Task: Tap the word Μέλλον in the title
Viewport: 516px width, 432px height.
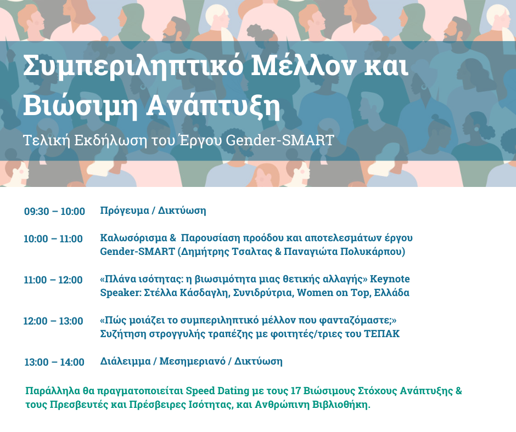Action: click(x=303, y=65)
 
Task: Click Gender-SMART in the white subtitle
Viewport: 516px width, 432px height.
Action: click(x=280, y=140)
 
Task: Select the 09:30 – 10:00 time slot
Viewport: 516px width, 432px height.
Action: click(x=55, y=211)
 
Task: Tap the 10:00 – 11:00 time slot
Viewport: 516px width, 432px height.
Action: click(x=53, y=238)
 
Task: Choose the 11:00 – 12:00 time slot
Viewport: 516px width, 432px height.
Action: click(x=53, y=280)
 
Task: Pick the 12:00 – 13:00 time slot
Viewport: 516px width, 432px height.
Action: click(x=53, y=321)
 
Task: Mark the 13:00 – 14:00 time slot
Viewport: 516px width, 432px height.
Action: click(x=54, y=362)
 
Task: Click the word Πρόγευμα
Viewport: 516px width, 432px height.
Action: click(x=125, y=211)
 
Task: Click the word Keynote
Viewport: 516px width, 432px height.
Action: click(x=390, y=280)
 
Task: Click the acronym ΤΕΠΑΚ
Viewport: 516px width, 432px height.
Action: click(x=382, y=334)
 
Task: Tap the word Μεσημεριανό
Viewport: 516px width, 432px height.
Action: click(x=193, y=361)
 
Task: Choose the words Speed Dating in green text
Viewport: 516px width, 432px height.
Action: click(x=217, y=391)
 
